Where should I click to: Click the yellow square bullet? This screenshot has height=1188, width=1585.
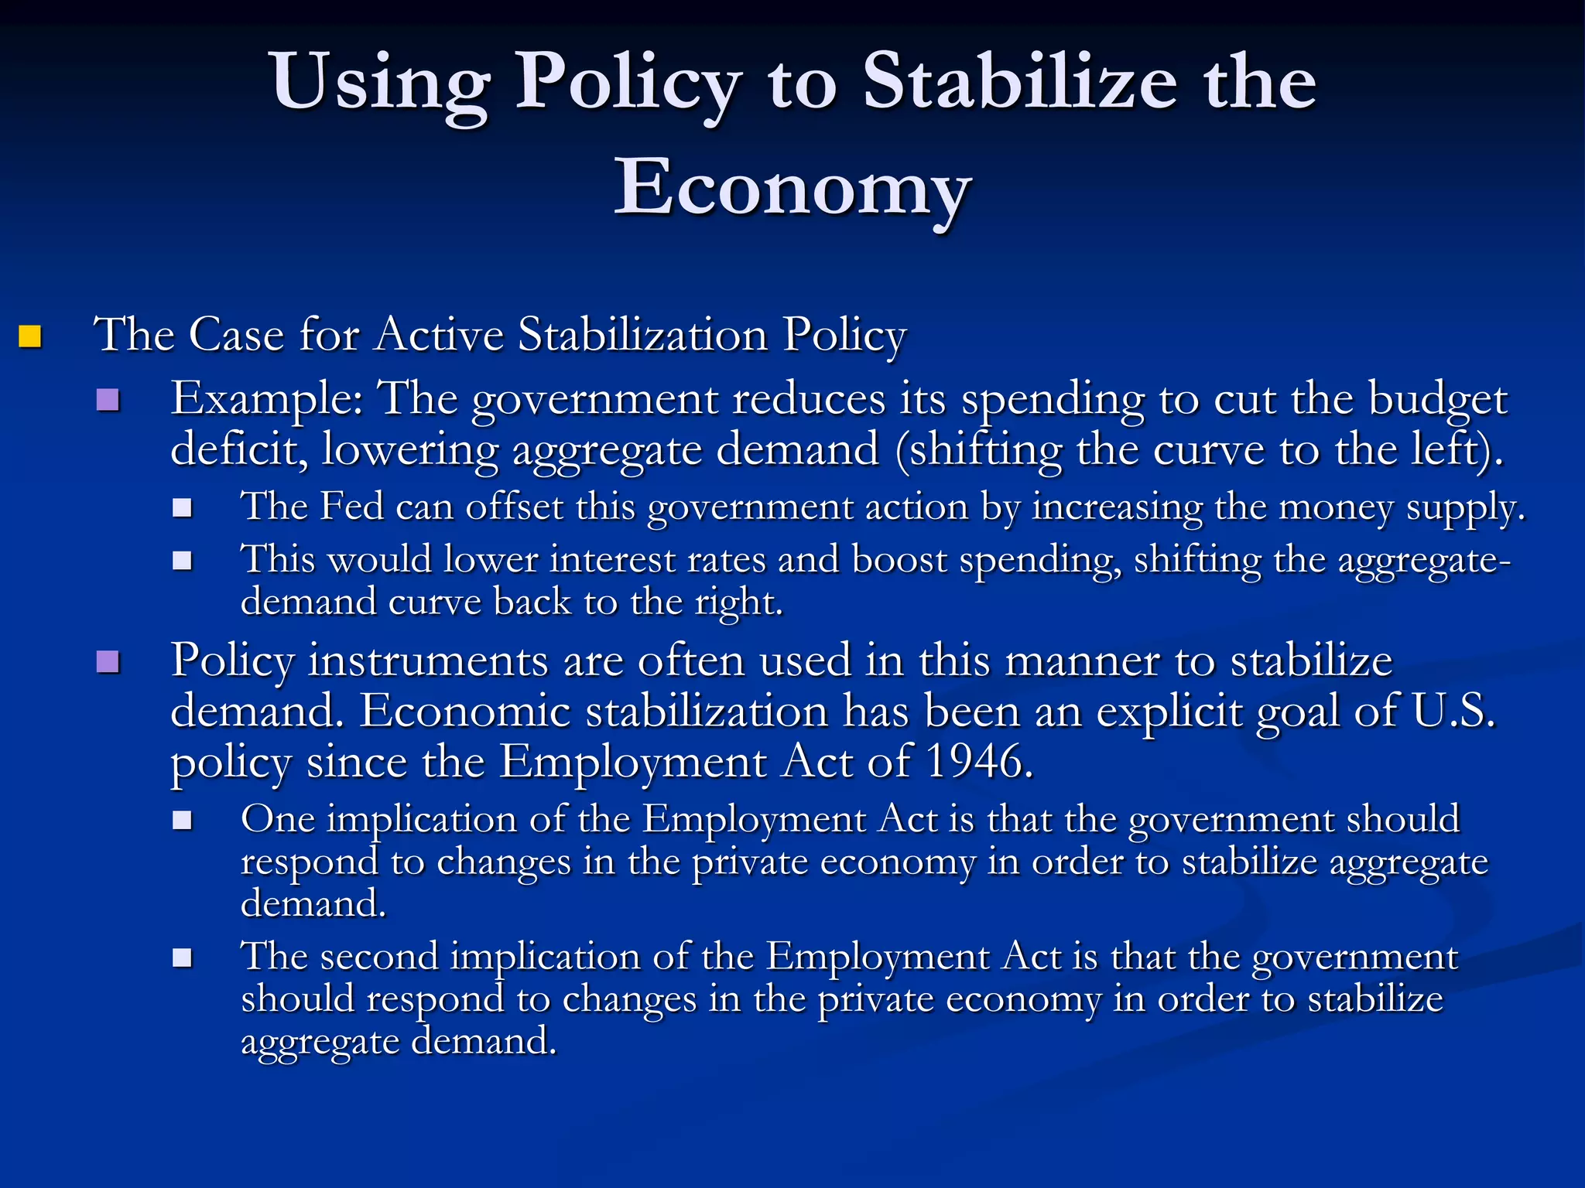tap(30, 336)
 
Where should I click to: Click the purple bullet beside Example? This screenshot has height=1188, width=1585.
tap(108, 400)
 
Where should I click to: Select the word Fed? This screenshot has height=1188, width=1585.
tap(351, 507)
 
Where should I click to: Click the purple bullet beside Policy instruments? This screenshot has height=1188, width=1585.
tap(108, 662)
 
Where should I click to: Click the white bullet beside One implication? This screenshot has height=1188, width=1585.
tap(183, 821)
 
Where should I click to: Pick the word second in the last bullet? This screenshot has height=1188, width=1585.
tap(379, 957)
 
